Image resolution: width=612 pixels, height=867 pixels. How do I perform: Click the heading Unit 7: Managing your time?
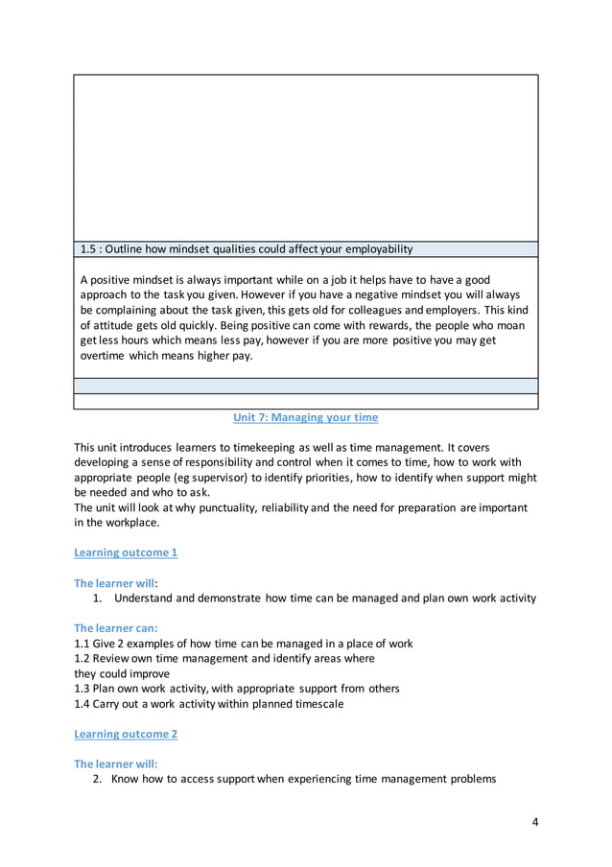point(306,418)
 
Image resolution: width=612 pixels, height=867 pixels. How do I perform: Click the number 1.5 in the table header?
point(90,249)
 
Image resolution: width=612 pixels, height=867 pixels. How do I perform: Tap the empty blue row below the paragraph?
point(305,386)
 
